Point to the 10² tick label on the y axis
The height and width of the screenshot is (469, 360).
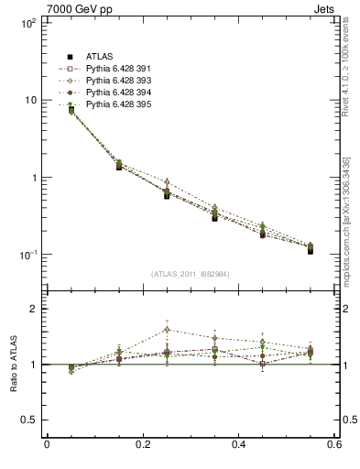27,22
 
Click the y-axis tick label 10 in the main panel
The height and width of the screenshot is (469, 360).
30,100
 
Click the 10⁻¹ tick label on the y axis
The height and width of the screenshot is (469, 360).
27,255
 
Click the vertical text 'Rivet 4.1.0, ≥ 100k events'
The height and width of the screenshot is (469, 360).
349,78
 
